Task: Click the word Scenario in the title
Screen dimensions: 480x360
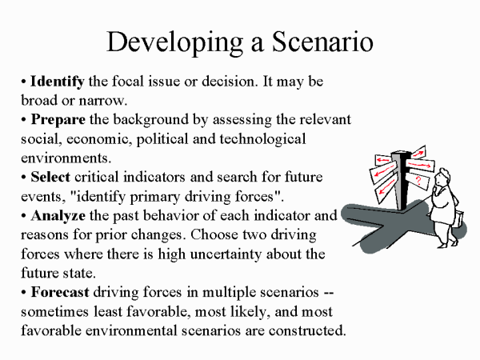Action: [x=322, y=42]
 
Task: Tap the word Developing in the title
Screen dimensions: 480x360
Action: [x=174, y=43]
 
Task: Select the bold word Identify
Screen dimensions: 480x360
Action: [x=58, y=82]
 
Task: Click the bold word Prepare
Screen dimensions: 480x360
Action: [x=58, y=120]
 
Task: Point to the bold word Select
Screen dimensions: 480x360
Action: [x=50, y=177]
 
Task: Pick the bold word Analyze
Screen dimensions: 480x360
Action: [x=58, y=216]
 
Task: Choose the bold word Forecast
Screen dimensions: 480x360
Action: [x=60, y=292]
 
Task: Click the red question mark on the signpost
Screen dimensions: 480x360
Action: [x=418, y=181]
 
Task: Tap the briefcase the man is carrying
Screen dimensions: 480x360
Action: [x=458, y=219]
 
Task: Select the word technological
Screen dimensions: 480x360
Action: [x=262, y=139]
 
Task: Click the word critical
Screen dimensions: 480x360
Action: [x=97, y=177]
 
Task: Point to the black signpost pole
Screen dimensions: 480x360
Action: [x=402, y=181]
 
